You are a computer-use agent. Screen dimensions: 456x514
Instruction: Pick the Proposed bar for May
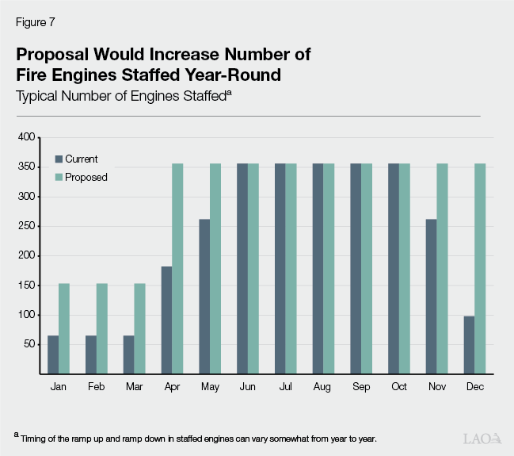point(215,269)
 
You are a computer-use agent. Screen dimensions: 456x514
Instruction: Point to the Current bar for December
point(469,345)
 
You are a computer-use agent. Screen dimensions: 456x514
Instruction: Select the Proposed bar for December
point(480,269)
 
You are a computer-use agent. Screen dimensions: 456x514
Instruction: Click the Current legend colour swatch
point(59,159)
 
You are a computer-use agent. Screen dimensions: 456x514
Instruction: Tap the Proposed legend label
point(86,177)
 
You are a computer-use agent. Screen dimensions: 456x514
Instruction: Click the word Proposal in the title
point(53,56)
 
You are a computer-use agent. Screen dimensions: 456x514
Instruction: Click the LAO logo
point(482,438)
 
